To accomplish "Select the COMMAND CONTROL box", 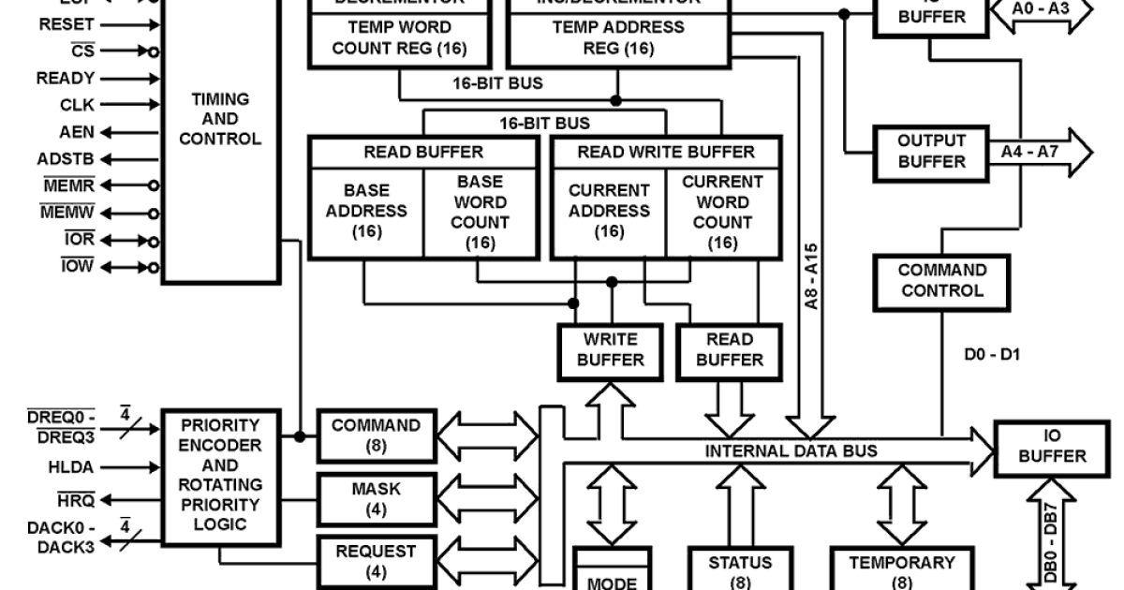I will [x=941, y=280].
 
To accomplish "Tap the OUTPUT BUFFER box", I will [x=931, y=151].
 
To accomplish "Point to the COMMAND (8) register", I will [x=376, y=435].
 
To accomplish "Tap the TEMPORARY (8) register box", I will [x=901, y=571].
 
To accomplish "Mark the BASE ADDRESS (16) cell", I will [x=366, y=211].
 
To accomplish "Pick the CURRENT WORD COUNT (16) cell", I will [x=722, y=211].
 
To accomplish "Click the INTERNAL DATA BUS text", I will [x=791, y=451].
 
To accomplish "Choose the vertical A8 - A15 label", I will [x=812, y=277].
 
